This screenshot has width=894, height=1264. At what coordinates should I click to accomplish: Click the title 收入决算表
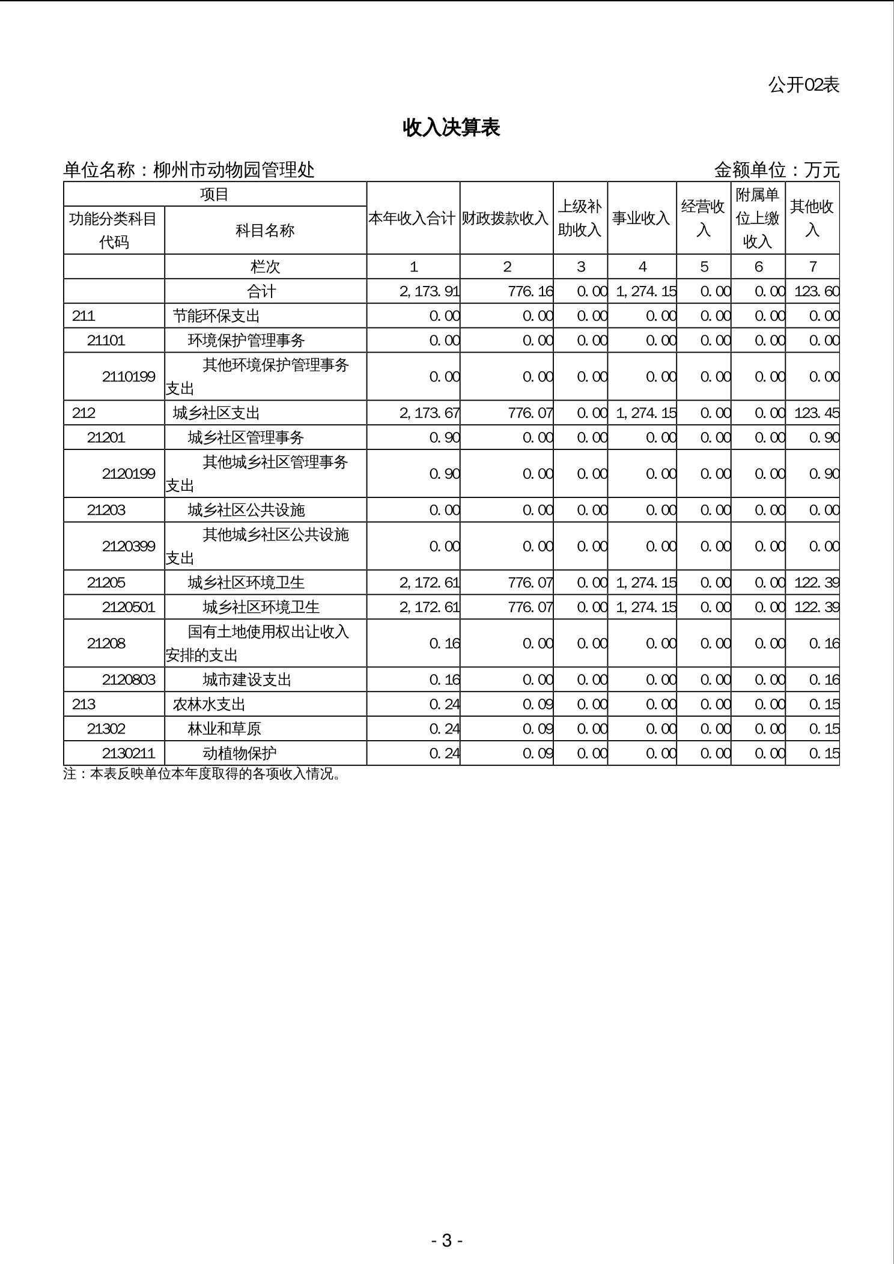click(451, 128)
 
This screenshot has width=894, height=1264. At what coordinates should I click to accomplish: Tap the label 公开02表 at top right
click(803, 85)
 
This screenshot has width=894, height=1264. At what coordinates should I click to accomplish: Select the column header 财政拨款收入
click(505, 219)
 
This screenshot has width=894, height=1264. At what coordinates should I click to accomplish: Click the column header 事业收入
click(641, 219)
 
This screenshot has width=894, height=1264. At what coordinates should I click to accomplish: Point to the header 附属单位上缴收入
click(758, 218)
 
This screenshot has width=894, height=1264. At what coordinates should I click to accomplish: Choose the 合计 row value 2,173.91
click(429, 292)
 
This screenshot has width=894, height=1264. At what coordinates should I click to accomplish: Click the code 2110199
click(129, 377)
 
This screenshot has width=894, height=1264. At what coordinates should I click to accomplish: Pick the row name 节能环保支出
click(216, 316)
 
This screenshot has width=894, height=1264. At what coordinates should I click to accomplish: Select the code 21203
click(106, 510)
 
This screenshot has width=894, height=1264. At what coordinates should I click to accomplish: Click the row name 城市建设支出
click(247, 680)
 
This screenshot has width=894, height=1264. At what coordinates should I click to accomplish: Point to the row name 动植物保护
click(240, 753)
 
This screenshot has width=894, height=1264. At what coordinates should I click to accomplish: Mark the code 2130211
click(129, 753)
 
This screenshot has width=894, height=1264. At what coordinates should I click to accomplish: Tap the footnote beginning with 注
click(202, 774)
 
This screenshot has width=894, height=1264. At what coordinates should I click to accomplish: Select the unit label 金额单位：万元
click(776, 171)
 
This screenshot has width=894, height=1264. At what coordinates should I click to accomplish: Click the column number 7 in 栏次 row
click(812, 267)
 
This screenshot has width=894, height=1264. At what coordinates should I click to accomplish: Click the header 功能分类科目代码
click(114, 230)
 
